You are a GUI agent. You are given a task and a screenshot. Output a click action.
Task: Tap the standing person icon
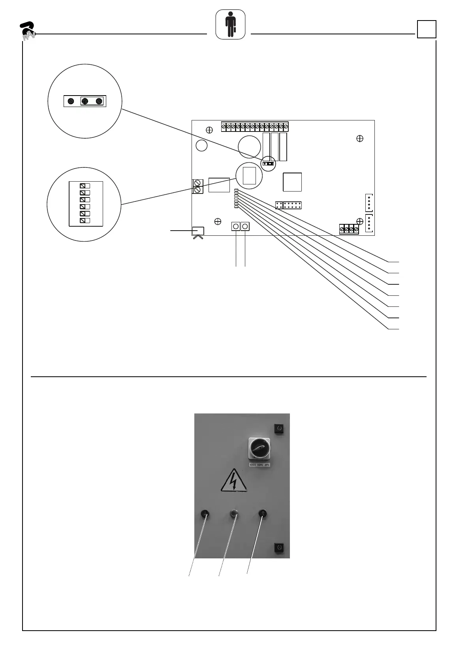click(230, 24)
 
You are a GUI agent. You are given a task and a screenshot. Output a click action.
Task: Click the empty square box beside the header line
click(427, 29)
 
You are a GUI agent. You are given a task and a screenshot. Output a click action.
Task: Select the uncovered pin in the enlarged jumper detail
click(71, 101)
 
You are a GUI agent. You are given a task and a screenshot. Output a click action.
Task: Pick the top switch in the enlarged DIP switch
click(85, 186)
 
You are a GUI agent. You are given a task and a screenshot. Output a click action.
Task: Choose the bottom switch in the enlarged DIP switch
click(85, 220)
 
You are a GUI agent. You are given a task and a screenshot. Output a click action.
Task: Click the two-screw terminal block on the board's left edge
click(197, 186)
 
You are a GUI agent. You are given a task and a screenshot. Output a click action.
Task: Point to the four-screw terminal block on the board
click(349, 229)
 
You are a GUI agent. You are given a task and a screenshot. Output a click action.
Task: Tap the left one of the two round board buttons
click(236, 226)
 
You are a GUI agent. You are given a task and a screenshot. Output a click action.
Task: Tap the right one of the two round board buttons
click(245, 226)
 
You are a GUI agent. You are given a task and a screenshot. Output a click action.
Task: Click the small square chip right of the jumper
click(292, 182)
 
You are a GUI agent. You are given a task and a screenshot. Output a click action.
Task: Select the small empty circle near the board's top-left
click(201, 146)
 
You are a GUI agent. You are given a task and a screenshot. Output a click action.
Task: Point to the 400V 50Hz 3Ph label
click(259, 465)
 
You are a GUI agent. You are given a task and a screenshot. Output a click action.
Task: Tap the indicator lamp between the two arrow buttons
click(234, 514)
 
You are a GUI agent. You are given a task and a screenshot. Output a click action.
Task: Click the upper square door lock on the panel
click(279, 428)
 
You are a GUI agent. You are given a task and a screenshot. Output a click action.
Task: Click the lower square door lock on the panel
click(279, 548)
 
